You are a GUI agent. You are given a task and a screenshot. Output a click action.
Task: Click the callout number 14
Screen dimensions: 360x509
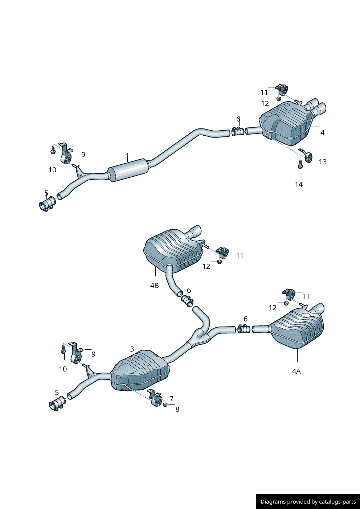coord(299,184)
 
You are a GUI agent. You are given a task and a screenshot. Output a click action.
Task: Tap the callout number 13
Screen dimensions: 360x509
coord(323,162)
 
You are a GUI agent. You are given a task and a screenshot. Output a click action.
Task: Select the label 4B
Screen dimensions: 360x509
coord(155,286)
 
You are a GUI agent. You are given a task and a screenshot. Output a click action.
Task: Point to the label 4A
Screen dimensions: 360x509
coord(296,371)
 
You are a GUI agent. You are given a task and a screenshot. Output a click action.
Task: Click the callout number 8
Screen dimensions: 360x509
coord(177,409)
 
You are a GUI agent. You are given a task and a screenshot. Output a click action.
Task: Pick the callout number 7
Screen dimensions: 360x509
coord(172,399)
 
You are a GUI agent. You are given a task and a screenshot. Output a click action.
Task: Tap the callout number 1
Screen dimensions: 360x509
coord(127,156)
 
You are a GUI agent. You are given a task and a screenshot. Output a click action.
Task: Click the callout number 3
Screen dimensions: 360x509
coord(132,349)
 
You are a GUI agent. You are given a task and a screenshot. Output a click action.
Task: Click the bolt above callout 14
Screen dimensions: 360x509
coord(300,164)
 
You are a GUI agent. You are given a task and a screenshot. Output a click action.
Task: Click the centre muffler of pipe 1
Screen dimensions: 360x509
coord(129,170)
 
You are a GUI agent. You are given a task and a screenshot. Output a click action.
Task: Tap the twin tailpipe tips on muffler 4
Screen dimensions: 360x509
coord(315,107)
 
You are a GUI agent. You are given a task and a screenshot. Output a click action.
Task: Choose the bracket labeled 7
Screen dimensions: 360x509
coord(155,398)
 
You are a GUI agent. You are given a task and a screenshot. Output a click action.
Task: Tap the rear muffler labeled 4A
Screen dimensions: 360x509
coord(298,328)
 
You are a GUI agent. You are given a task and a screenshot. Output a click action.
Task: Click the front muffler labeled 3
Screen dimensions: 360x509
coord(140,370)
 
